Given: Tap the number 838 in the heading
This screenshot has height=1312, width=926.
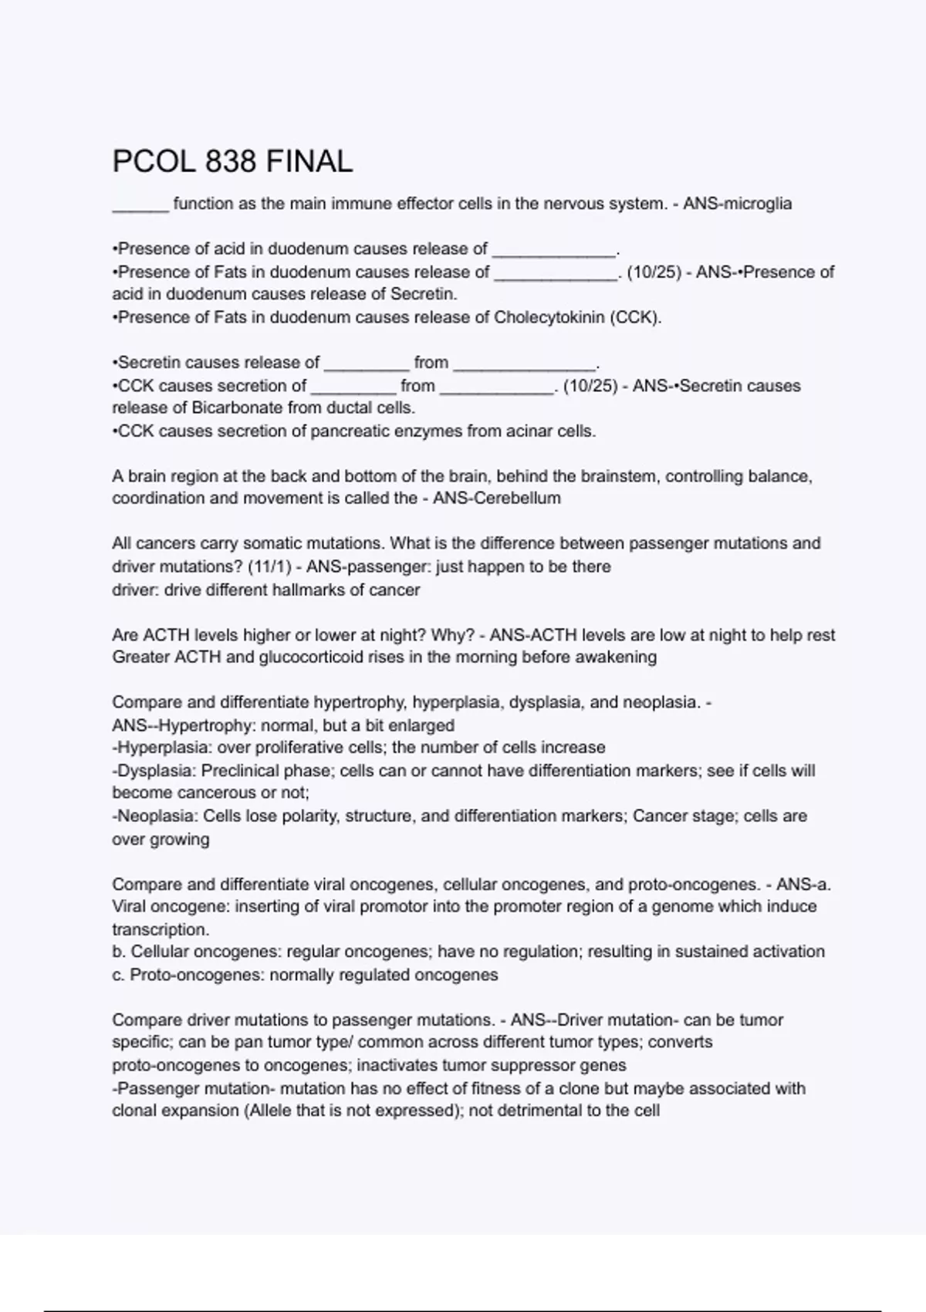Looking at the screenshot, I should pyautogui.click(x=231, y=161).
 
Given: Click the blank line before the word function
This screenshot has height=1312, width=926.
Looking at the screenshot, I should pyautogui.click(x=140, y=205).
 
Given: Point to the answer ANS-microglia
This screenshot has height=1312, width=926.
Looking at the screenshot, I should pyautogui.click(x=737, y=204).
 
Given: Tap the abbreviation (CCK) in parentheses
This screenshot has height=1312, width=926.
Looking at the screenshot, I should pyautogui.click(x=635, y=317).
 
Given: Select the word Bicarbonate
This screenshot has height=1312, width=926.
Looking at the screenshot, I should pyautogui.click(x=237, y=407).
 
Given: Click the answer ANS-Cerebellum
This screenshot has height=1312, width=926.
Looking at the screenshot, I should pyautogui.click(x=497, y=498).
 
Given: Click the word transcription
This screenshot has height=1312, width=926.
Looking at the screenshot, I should pyautogui.click(x=160, y=929).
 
